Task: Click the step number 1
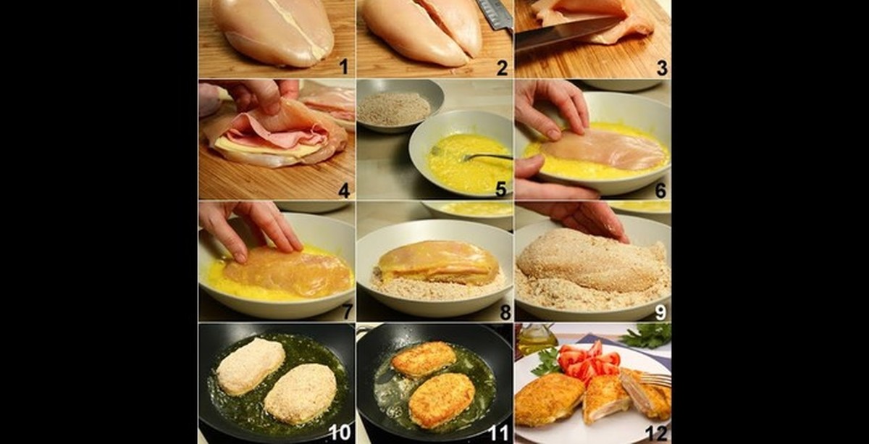click(x=344, y=67)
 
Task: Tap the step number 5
click(x=501, y=189)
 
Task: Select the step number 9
click(x=660, y=312)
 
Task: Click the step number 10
click(x=340, y=432)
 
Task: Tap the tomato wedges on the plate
click(x=588, y=361)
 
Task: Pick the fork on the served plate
click(x=655, y=380)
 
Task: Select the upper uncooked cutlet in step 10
click(x=251, y=366)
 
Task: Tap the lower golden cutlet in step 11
click(x=442, y=400)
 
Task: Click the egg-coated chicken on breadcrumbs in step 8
click(x=437, y=261)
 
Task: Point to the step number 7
click(x=347, y=311)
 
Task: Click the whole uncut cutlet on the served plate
click(x=549, y=400)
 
